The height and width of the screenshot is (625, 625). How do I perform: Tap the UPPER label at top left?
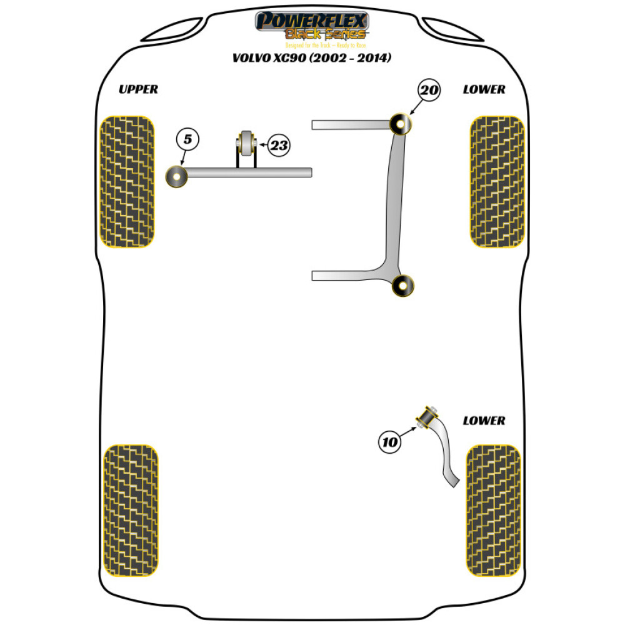point(138,89)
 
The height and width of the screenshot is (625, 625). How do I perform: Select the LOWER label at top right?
point(484,89)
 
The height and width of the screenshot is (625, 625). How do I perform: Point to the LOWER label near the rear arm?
point(484,421)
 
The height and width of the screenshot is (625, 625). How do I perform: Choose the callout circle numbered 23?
point(279,146)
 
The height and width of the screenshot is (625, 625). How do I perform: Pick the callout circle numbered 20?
point(429,91)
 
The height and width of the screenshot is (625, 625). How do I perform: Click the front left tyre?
point(127,181)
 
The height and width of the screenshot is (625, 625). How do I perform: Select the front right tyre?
point(497,181)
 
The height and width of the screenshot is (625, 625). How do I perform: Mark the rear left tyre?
point(130,511)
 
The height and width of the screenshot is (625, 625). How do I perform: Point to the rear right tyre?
point(493,511)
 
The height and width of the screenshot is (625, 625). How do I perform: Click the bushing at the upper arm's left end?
point(177,177)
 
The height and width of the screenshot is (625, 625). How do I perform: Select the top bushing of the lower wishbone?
point(401,124)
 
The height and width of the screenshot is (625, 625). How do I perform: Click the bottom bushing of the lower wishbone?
point(403,286)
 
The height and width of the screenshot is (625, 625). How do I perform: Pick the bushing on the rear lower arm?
point(429,416)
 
